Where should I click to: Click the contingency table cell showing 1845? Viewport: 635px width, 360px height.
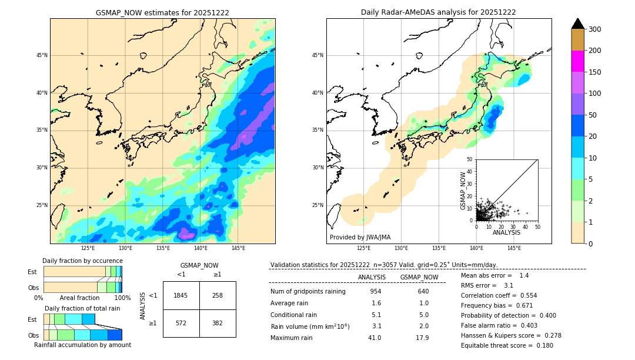(x=181, y=295)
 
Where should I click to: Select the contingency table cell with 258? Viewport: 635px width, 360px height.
(x=218, y=295)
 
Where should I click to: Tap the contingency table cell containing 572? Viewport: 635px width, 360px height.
(x=181, y=324)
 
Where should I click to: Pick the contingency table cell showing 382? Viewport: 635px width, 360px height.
(x=218, y=324)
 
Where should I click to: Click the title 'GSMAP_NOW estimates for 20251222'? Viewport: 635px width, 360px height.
(x=162, y=12)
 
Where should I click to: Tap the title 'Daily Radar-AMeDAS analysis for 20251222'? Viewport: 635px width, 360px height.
(x=439, y=12)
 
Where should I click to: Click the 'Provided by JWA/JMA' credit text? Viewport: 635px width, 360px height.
(x=360, y=238)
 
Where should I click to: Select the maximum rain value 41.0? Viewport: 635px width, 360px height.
(x=375, y=338)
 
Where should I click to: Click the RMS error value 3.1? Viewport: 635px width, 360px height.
(x=509, y=285)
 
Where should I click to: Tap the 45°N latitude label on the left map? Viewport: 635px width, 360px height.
(x=42, y=55)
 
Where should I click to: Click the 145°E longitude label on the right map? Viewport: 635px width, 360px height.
(x=514, y=249)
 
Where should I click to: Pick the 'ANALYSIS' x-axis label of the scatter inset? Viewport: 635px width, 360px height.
(x=506, y=232)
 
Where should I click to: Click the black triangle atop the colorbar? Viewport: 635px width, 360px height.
(x=578, y=24)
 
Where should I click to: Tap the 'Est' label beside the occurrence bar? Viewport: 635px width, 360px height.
(x=32, y=272)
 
